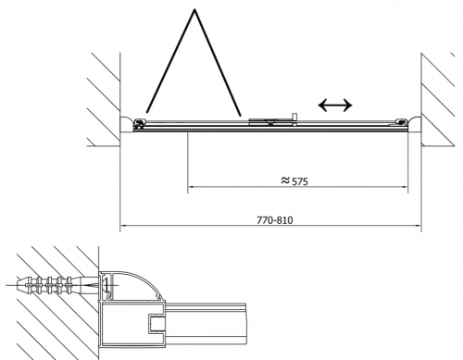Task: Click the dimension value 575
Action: (300, 181)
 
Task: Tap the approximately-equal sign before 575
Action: (285, 180)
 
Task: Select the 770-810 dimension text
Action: (275, 220)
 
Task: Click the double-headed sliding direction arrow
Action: (335, 106)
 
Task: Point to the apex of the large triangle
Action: (194, 9)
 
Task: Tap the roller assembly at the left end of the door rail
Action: (139, 123)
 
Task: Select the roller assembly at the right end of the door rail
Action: (402, 122)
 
